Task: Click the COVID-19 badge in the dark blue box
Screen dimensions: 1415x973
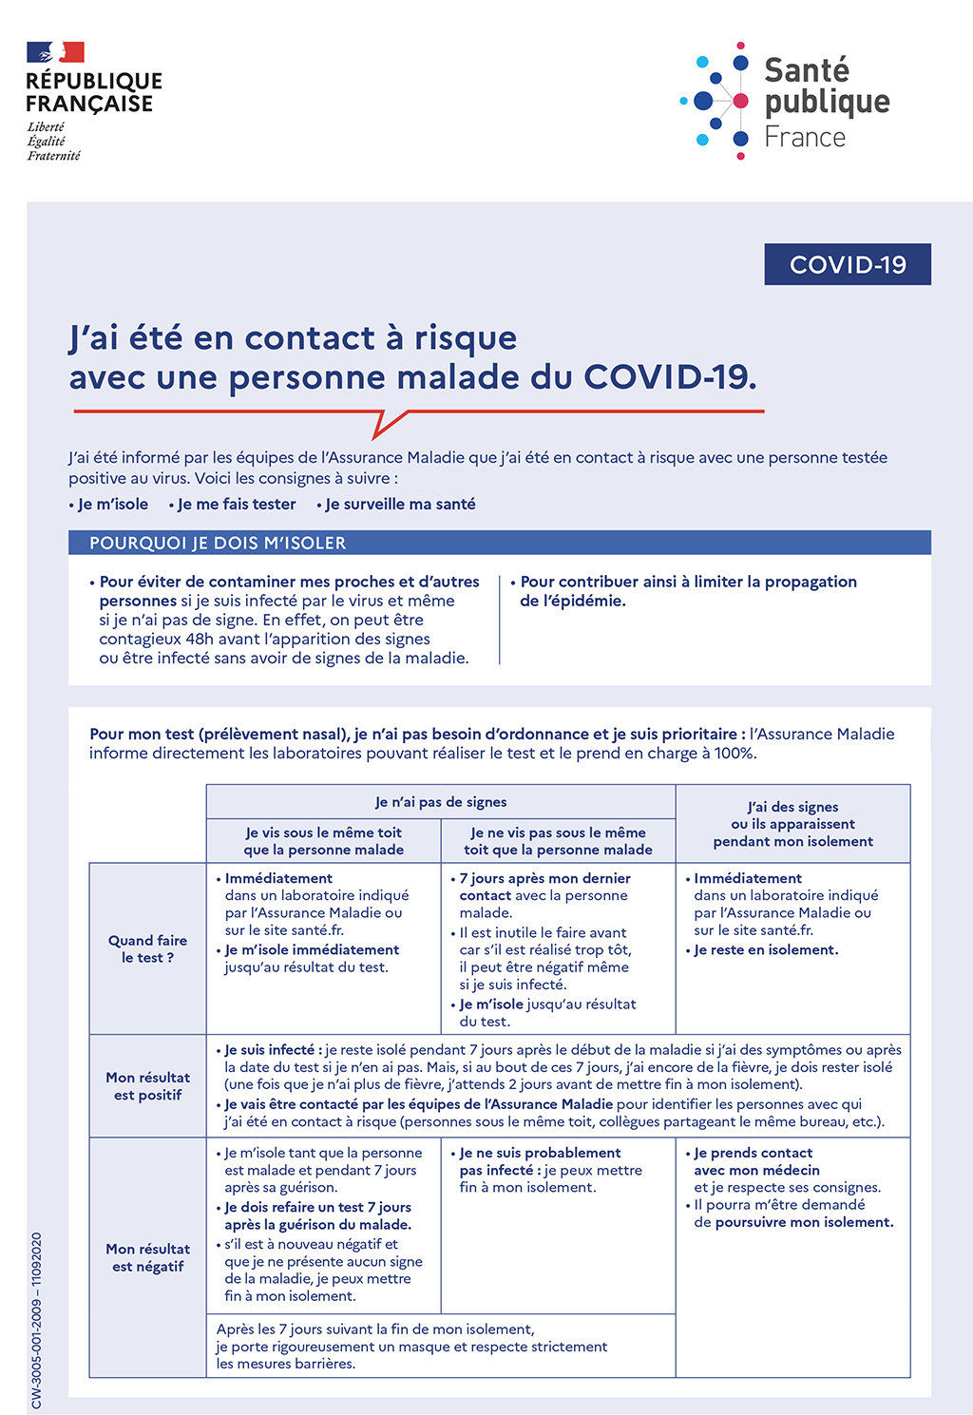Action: coord(848,264)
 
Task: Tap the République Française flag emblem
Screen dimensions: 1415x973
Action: coord(55,52)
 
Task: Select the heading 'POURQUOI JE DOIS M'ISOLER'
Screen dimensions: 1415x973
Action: coord(218,543)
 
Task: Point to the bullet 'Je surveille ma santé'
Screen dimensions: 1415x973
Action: coord(400,504)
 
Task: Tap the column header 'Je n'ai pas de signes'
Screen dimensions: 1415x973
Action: coord(441,801)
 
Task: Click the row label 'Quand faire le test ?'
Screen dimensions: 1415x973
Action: coord(147,948)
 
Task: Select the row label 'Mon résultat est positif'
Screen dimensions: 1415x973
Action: coord(147,1085)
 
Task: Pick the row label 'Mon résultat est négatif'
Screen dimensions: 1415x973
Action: coord(147,1257)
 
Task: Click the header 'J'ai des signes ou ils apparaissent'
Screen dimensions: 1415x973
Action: coord(793,823)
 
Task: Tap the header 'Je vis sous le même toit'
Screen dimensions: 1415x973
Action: coord(323,841)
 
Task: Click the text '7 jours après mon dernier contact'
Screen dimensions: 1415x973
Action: coord(544,887)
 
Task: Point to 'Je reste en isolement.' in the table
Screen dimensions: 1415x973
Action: coord(766,949)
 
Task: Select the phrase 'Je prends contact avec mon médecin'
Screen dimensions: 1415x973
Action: coord(756,1161)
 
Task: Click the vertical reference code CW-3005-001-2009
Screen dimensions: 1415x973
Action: coord(36,1321)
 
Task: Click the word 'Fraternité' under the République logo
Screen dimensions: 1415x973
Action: coord(54,156)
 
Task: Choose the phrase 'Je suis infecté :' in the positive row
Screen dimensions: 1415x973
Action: coord(274,1050)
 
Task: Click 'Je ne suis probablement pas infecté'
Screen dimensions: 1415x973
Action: coord(539,1161)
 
